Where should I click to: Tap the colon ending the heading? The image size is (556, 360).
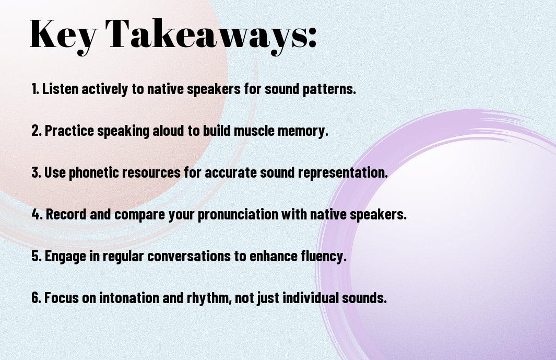(312, 37)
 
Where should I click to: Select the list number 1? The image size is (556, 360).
(35, 89)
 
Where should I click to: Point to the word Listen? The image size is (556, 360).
(60, 89)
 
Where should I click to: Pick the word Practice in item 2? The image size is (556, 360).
(69, 131)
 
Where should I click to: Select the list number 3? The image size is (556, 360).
(36, 172)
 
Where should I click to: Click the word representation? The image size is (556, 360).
(342, 173)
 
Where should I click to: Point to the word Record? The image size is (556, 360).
(66, 214)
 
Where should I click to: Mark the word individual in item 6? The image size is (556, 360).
(310, 297)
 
